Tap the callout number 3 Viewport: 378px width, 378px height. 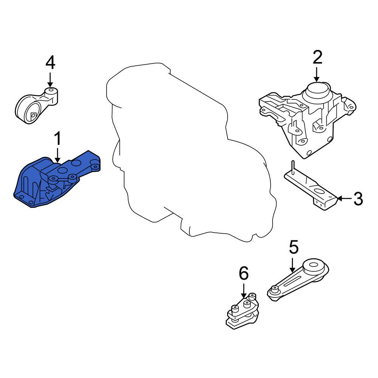[358, 198]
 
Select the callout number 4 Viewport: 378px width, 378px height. [50, 63]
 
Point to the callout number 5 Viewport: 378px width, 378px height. [294, 248]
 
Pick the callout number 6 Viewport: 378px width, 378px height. [244, 273]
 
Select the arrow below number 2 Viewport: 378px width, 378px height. [317, 74]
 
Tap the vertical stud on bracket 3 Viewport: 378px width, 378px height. [293, 167]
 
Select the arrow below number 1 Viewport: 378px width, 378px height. [57, 155]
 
